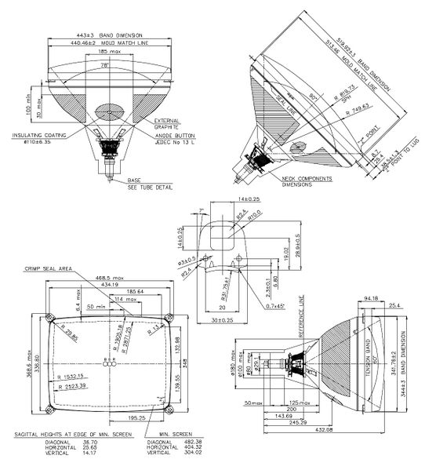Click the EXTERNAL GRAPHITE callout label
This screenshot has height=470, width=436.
[166, 123]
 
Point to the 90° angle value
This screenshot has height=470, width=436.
[316, 93]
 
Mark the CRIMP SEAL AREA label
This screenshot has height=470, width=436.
[49, 268]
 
